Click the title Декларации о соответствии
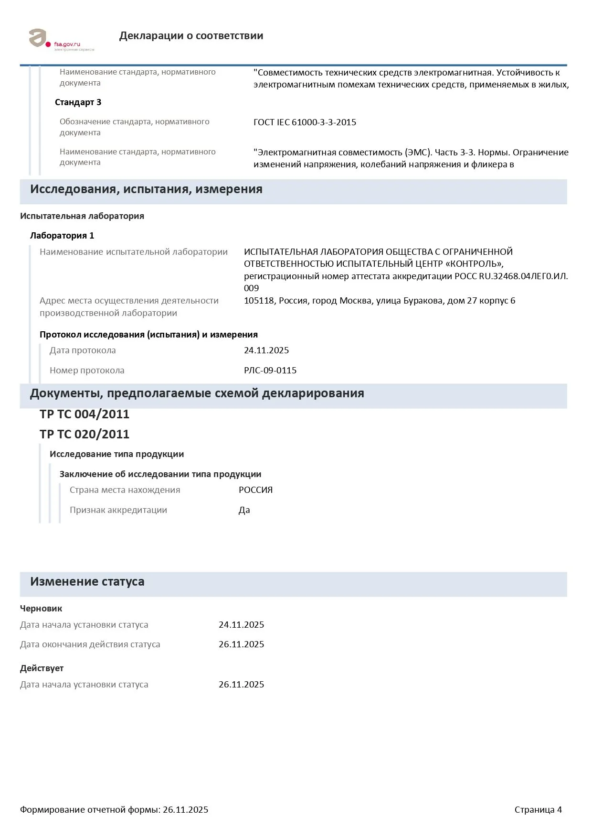[x=191, y=36]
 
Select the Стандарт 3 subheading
[x=78, y=102]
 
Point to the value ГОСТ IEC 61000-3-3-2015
[x=305, y=122]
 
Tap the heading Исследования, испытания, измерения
[x=146, y=189]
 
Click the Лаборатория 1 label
[x=62, y=236]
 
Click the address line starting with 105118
[x=380, y=301]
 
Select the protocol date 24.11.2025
[x=266, y=350]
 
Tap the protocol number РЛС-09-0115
[x=270, y=370]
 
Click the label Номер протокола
[x=87, y=370]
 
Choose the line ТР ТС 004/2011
[x=85, y=414]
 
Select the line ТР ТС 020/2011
[x=85, y=434]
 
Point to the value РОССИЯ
[x=255, y=490]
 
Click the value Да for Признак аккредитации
[x=244, y=510]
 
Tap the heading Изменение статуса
[x=87, y=582]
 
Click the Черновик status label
[x=41, y=609]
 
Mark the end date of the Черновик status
[x=241, y=644]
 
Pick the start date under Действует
[x=241, y=685]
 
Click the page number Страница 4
[x=538, y=810]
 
